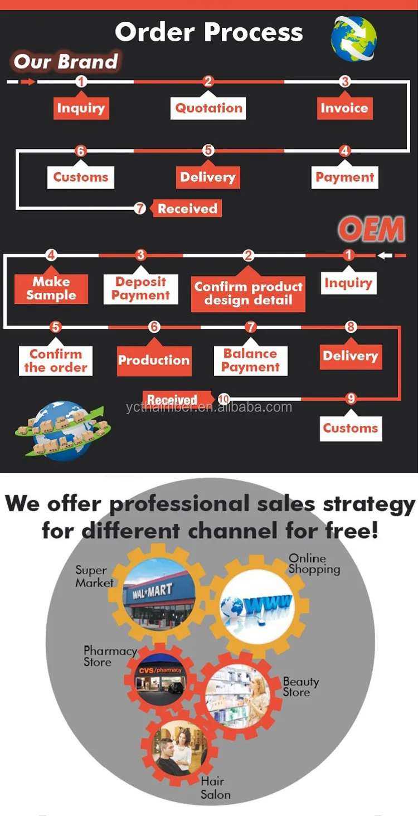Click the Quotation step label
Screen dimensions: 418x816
point(208,108)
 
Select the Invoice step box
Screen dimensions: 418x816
point(344,108)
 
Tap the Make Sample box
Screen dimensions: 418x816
point(51,289)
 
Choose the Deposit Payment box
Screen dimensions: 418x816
point(140,289)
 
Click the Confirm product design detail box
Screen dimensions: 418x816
point(248,293)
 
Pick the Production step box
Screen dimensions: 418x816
point(154,360)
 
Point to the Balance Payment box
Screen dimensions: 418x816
point(250,360)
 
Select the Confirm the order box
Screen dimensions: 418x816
point(55,361)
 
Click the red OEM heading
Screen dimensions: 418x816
point(372,229)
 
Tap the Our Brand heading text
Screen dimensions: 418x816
point(66,61)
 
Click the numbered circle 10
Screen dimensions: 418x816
point(223,399)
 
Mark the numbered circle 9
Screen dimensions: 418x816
point(351,399)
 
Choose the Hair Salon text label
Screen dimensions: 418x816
point(215,788)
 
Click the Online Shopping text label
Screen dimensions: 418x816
point(314,564)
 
